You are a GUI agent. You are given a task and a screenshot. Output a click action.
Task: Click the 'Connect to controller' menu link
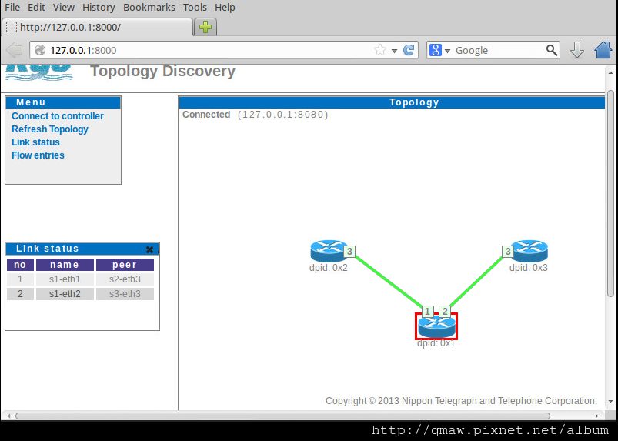coord(58,116)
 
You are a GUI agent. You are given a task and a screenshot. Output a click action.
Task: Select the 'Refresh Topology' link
coord(50,129)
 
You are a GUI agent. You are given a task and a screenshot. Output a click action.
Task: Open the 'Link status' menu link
coord(35,142)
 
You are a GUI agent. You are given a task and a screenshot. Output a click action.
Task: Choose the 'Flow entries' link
coord(38,155)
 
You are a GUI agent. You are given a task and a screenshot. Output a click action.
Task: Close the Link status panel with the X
coord(149,249)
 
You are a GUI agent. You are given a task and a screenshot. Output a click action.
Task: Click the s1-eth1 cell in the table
coord(65,279)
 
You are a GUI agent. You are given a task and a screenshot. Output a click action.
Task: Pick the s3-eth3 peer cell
coord(125,294)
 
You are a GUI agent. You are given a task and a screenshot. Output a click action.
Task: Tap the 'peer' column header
coord(125,265)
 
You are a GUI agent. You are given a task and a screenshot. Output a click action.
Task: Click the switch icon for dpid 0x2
coord(329,250)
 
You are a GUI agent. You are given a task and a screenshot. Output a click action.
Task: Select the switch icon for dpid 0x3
coord(529,250)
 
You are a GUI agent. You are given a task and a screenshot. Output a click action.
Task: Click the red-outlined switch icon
coord(436,326)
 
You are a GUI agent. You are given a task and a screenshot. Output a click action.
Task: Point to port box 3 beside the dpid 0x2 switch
coord(349,251)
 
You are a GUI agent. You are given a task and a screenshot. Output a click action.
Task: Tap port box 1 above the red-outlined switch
coord(428,312)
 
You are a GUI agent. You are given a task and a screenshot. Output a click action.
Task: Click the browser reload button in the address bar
coord(409,50)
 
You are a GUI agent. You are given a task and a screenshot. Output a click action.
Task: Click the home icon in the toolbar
coord(603,50)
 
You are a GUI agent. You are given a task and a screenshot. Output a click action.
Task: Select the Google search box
coord(498,50)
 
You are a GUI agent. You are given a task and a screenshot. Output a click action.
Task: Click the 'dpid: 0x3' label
coord(529,268)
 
